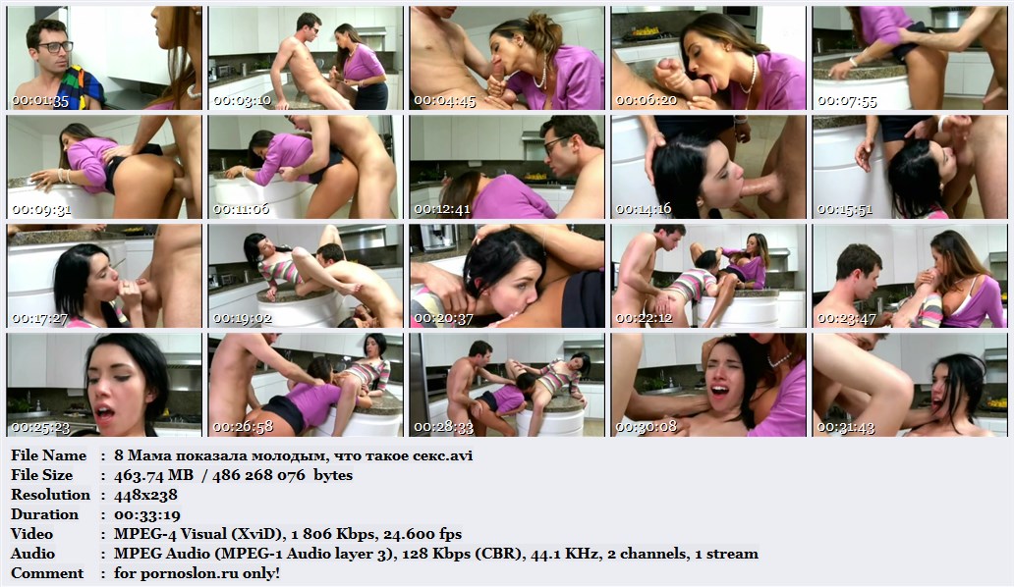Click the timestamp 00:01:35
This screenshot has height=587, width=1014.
tap(40, 101)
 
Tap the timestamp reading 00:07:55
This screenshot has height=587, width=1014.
tap(847, 101)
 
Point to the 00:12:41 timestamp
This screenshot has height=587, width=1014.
tap(444, 209)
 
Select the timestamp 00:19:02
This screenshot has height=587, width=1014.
tap(243, 318)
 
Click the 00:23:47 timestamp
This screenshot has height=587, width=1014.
tap(847, 318)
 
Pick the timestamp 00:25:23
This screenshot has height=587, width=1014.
tap(40, 427)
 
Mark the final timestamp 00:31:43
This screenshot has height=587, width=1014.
tap(847, 427)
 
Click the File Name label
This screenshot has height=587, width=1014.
tap(48, 455)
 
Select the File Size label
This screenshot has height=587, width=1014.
tap(41, 475)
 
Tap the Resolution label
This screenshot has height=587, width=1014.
tap(50, 495)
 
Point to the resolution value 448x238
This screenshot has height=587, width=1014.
tap(145, 495)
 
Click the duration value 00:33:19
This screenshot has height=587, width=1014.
tap(146, 514)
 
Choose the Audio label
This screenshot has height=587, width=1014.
tap(32, 554)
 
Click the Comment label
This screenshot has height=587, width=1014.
tap(47, 573)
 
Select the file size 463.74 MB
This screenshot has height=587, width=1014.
tap(153, 475)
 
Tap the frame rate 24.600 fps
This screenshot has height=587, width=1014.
tap(422, 534)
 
